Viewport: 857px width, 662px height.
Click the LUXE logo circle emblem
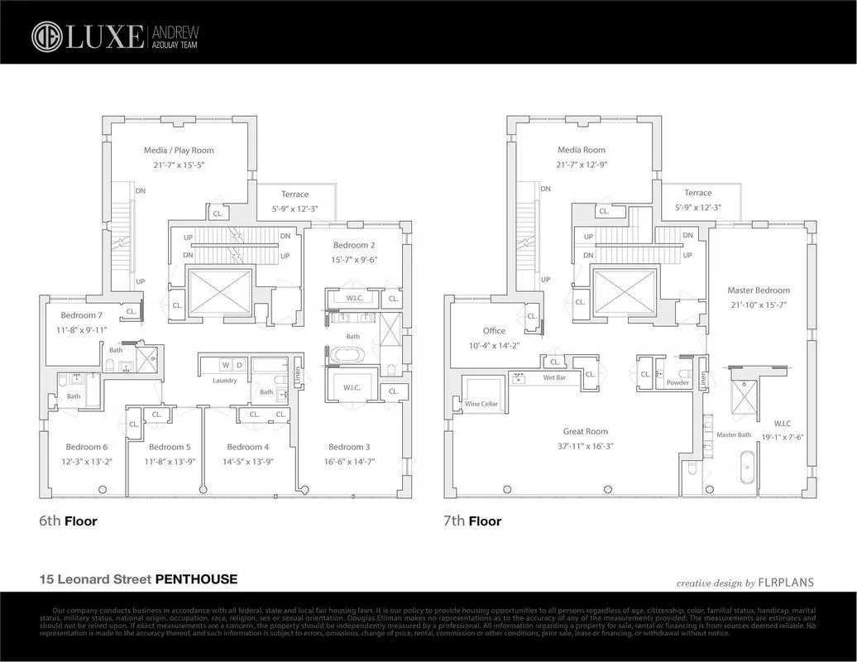46,36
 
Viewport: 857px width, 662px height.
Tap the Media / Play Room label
179,151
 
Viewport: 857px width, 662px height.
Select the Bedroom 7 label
82,315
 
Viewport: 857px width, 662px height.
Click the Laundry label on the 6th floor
224,381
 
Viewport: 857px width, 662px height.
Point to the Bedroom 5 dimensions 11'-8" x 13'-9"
170,461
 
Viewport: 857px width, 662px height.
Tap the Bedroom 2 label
354,246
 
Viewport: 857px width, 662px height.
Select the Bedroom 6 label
87,448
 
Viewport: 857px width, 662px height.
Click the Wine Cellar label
481,405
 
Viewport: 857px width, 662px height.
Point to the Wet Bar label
554,377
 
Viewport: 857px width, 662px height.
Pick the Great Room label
586,432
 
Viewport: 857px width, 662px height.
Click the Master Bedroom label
759,290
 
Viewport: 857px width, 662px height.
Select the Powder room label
677,383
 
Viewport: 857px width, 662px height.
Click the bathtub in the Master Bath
746,468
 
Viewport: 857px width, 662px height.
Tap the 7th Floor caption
472,521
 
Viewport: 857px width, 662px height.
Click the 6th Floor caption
69,521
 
